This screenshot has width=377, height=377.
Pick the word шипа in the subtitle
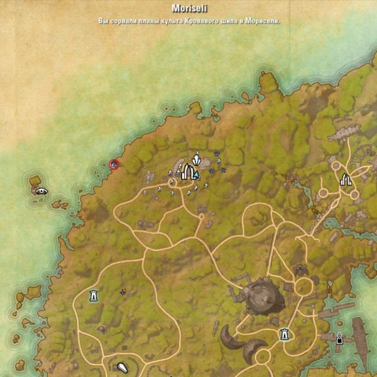click(x=234, y=21)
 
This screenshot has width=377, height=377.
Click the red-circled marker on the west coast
click(x=114, y=165)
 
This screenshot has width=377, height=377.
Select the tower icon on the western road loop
click(x=94, y=295)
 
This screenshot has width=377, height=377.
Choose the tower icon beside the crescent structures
click(x=285, y=334)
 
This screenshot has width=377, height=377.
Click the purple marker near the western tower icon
click(x=123, y=292)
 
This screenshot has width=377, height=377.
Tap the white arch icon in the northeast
click(x=345, y=180)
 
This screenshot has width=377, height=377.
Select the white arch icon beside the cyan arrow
click(x=186, y=172)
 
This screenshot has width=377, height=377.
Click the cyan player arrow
click(x=196, y=175)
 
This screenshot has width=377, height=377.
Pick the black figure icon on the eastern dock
click(x=340, y=338)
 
